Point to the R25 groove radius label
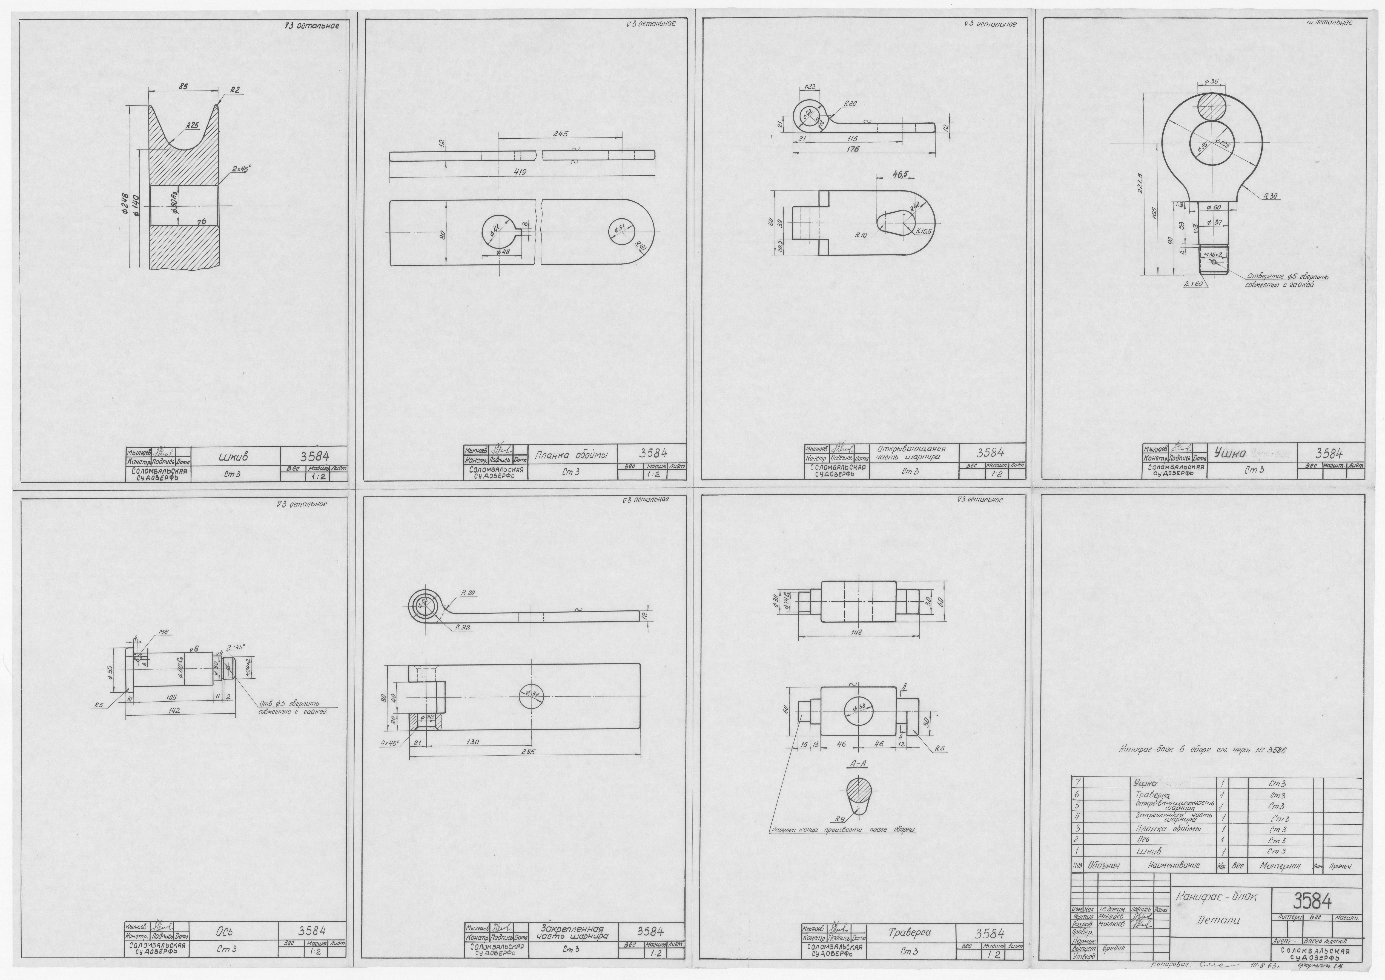point(193,125)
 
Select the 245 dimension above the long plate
point(561,135)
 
